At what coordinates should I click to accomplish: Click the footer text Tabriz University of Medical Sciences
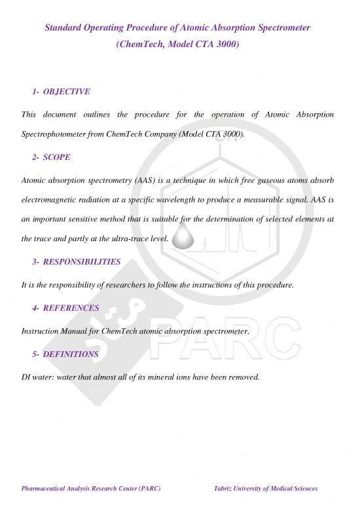coord(261,489)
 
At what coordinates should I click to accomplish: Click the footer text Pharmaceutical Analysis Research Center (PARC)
coord(91,489)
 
